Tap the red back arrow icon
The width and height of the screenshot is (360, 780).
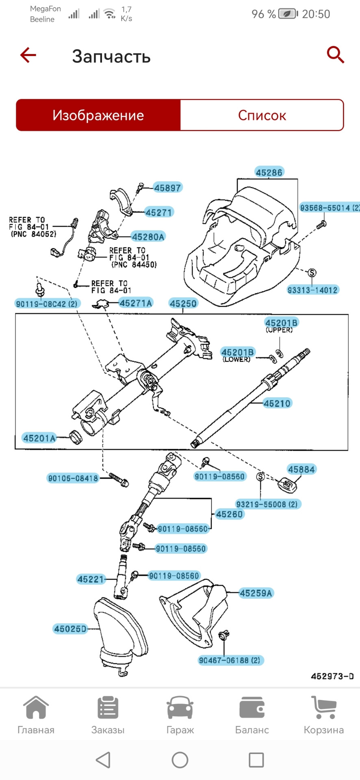point(28,55)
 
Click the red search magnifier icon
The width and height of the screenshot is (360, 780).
point(335,55)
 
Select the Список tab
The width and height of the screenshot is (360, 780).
point(262,115)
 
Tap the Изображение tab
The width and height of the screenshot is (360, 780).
point(98,115)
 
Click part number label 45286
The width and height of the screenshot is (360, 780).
point(269,172)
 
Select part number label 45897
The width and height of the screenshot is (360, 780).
point(167,188)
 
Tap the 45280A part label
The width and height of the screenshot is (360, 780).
point(148,237)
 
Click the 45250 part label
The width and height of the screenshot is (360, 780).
point(183,303)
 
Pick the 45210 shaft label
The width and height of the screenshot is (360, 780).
point(277,403)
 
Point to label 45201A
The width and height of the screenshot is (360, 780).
point(39,438)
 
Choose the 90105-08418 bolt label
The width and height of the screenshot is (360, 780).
point(73,478)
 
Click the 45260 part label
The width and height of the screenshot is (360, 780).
point(230,514)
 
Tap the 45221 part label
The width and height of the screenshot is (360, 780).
point(91,579)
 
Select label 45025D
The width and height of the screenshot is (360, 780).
point(71,629)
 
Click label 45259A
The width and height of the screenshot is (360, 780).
point(256,593)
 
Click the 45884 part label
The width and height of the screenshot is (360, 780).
point(301,469)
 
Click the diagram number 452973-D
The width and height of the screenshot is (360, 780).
point(332,676)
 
